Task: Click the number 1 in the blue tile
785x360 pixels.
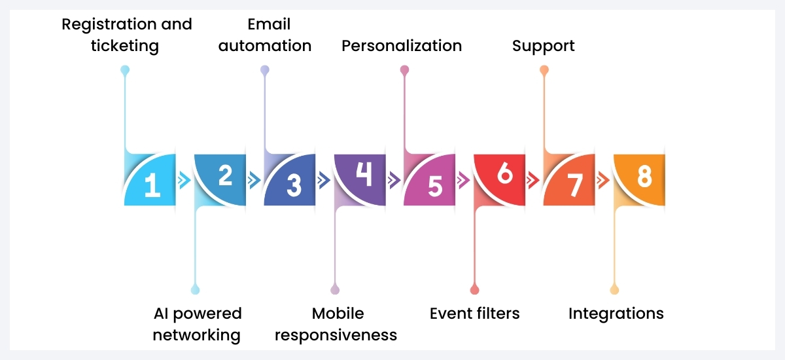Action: click(x=152, y=185)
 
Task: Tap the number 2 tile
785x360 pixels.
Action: click(x=225, y=175)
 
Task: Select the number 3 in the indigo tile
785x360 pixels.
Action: click(x=294, y=185)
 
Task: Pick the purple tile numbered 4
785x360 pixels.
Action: click(x=364, y=175)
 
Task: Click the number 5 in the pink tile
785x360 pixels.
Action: click(x=434, y=185)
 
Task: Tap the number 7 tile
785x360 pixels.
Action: click(x=574, y=185)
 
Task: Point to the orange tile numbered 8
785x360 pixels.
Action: click(x=644, y=175)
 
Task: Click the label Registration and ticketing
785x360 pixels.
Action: click(x=127, y=35)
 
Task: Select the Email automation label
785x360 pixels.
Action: click(x=265, y=35)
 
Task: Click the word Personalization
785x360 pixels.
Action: click(x=402, y=46)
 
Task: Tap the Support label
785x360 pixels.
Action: click(x=544, y=46)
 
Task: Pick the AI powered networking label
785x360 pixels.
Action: click(x=197, y=325)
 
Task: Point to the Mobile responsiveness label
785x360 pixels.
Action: click(x=336, y=325)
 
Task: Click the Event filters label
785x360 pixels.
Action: click(x=475, y=314)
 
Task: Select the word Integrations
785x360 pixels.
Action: click(x=616, y=314)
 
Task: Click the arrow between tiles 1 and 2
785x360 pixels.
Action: click(x=184, y=181)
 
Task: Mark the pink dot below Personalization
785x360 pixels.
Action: click(x=404, y=69)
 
